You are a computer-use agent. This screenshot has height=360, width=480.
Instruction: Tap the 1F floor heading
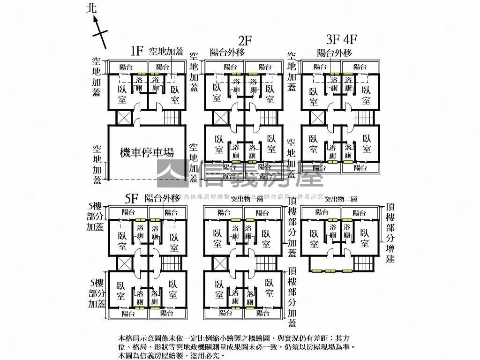[x=136, y=51]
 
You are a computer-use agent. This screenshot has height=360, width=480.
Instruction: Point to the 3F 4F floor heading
[x=342, y=38]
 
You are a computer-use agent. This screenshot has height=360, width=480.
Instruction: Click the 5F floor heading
[x=132, y=199]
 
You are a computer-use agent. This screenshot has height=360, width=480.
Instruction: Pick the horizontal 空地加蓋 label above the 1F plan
[x=166, y=52]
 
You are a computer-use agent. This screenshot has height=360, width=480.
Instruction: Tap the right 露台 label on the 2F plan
[x=265, y=176]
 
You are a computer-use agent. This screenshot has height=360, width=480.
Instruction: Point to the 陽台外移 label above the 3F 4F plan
[x=334, y=53]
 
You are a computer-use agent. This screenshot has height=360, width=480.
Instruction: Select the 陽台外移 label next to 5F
[x=162, y=198]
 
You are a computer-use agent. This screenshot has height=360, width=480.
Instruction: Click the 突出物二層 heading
[x=341, y=199]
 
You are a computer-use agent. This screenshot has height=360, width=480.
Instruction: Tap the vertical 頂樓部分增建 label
[x=390, y=233]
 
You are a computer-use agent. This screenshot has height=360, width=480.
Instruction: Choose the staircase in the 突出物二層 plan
[x=364, y=263]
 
